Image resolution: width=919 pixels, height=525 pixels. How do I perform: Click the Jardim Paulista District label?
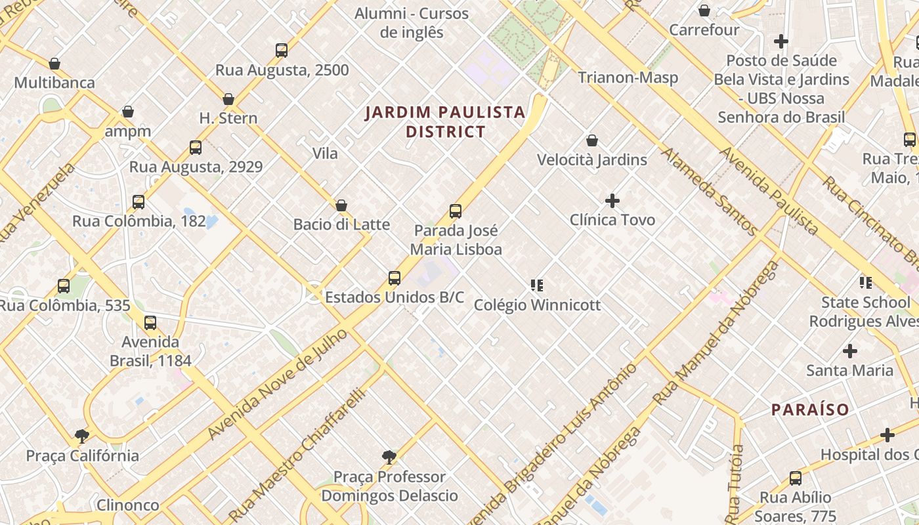[445, 122]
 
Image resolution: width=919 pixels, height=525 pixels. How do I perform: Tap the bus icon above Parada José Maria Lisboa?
[456, 211]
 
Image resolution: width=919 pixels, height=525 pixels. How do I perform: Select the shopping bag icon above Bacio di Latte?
[341, 205]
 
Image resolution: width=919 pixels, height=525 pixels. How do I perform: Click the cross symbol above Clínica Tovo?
[612, 200]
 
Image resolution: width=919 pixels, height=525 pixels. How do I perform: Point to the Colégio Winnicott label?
[537, 305]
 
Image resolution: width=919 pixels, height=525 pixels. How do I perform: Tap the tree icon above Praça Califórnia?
[82, 436]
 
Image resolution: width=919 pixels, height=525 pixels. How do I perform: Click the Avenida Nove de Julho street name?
[278, 383]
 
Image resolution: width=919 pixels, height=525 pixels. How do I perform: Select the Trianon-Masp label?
[628, 77]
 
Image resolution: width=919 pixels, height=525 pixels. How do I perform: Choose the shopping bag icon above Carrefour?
[704, 10]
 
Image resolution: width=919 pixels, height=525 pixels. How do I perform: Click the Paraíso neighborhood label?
[810, 410]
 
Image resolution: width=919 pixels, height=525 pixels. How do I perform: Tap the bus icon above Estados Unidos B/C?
[395, 278]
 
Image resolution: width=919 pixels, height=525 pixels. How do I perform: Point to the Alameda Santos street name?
[709, 191]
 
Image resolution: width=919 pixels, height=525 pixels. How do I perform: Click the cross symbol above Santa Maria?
[850, 351]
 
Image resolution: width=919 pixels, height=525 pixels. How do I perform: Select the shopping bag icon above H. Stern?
[228, 99]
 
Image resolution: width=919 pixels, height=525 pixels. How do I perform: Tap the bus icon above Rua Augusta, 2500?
[282, 51]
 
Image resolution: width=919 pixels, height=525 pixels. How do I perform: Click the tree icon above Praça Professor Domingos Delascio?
[389, 457]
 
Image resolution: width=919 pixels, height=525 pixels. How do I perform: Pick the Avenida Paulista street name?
[769, 191]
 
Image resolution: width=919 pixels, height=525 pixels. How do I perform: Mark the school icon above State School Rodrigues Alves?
[866, 283]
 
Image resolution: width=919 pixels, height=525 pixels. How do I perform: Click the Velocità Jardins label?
[591, 160]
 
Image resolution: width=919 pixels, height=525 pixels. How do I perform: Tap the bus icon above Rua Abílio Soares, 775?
[796, 478]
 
